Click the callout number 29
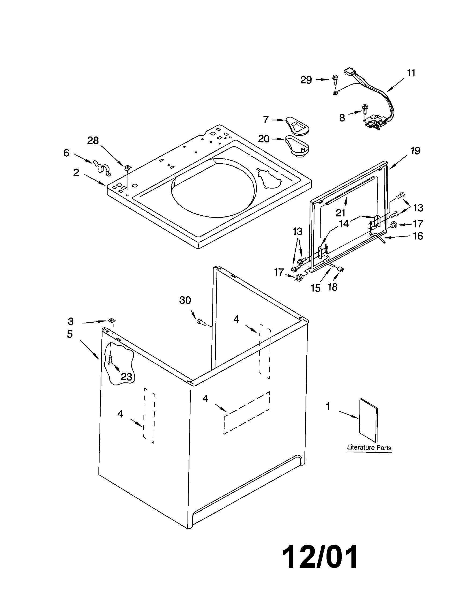(306, 80)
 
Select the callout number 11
(411, 73)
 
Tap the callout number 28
(93, 141)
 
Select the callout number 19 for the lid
(416, 151)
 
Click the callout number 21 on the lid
(340, 213)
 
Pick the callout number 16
(418, 236)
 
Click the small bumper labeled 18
(341, 269)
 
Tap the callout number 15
(315, 288)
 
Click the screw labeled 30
(201, 322)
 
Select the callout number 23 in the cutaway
(126, 377)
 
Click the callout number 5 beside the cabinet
(70, 334)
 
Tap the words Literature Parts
(369, 447)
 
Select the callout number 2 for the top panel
(76, 172)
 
